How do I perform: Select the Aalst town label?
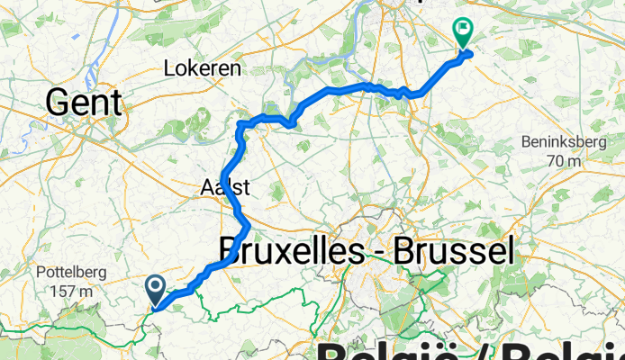click(225, 188)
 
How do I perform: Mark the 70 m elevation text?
click(566, 160)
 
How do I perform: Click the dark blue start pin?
click(155, 289)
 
